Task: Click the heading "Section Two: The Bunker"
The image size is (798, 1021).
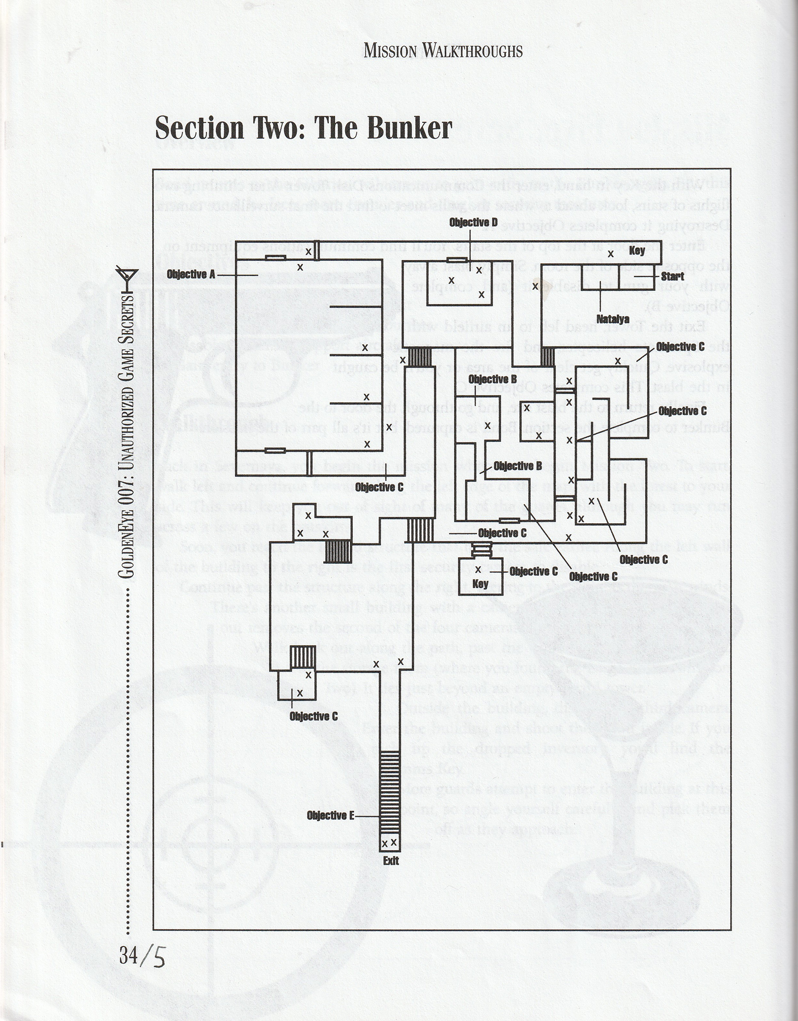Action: click(303, 128)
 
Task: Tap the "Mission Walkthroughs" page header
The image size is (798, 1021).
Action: click(443, 51)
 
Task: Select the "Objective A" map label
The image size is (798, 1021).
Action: click(191, 274)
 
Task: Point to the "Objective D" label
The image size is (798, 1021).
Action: click(473, 223)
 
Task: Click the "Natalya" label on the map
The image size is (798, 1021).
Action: click(613, 319)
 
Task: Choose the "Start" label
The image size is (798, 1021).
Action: click(672, 277)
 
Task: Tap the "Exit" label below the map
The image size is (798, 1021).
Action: click(391, 860)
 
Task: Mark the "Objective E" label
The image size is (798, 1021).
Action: click(330, 816)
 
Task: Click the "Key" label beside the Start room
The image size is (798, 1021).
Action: click(637, 251)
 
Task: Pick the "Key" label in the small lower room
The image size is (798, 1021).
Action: click(480, 584)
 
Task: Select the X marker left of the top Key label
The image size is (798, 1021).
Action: click(611, 254)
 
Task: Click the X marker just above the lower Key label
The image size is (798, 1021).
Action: click(478, 570)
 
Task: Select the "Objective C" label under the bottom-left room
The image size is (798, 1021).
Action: click(313, 716)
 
